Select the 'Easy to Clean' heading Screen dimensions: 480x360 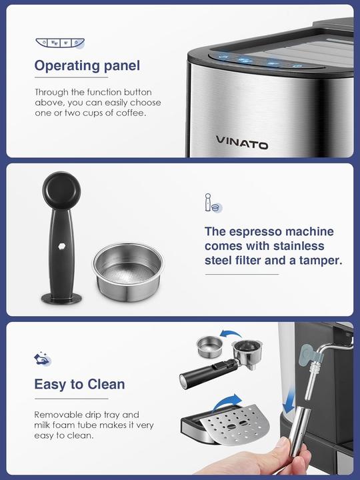pyautogui.click(x=79, y=384)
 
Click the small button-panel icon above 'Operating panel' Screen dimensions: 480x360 pyautogui.click(x=60, y=43)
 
